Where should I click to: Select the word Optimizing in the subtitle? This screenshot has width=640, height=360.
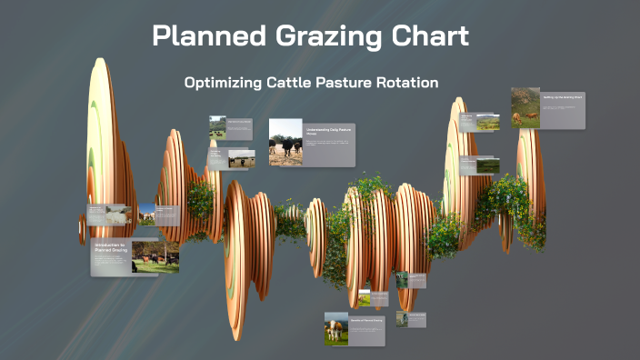click(224, 83)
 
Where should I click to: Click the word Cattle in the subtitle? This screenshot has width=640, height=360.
click(295, 83)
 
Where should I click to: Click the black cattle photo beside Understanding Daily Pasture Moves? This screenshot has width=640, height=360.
click(285, 143)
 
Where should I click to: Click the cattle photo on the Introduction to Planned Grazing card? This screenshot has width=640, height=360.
click(155, 257)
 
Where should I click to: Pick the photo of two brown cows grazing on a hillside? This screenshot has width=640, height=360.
click(525, 107)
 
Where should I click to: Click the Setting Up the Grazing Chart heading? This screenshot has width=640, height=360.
click(563, 95)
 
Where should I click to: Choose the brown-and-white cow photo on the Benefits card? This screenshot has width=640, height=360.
click(336, 328)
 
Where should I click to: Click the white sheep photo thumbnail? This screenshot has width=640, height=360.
click(116, 215)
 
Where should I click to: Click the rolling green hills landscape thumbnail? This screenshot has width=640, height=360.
click(488, 124)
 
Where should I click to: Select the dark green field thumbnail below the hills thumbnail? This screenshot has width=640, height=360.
click(488, 165)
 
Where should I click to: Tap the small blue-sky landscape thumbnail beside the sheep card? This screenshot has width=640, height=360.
click(146, 215)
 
